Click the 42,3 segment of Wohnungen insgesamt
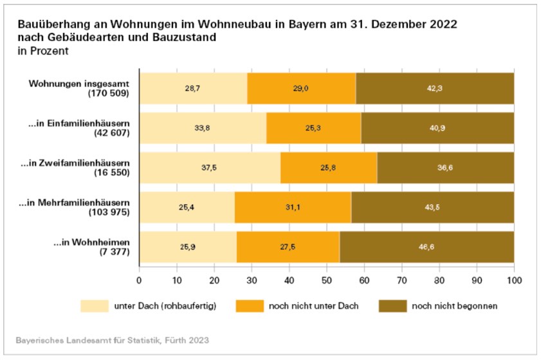(435, 88)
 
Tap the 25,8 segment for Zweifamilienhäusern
(329, 168)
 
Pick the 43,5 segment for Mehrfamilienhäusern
(433, 207)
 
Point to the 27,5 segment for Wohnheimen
(288, 247)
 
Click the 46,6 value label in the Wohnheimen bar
(428, 247)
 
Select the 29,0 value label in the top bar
(300, 88)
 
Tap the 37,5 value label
(210, 168)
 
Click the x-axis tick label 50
(327, 280)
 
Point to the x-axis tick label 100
(514, 280)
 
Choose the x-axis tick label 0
(140, 280)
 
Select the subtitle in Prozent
(43, 51)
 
